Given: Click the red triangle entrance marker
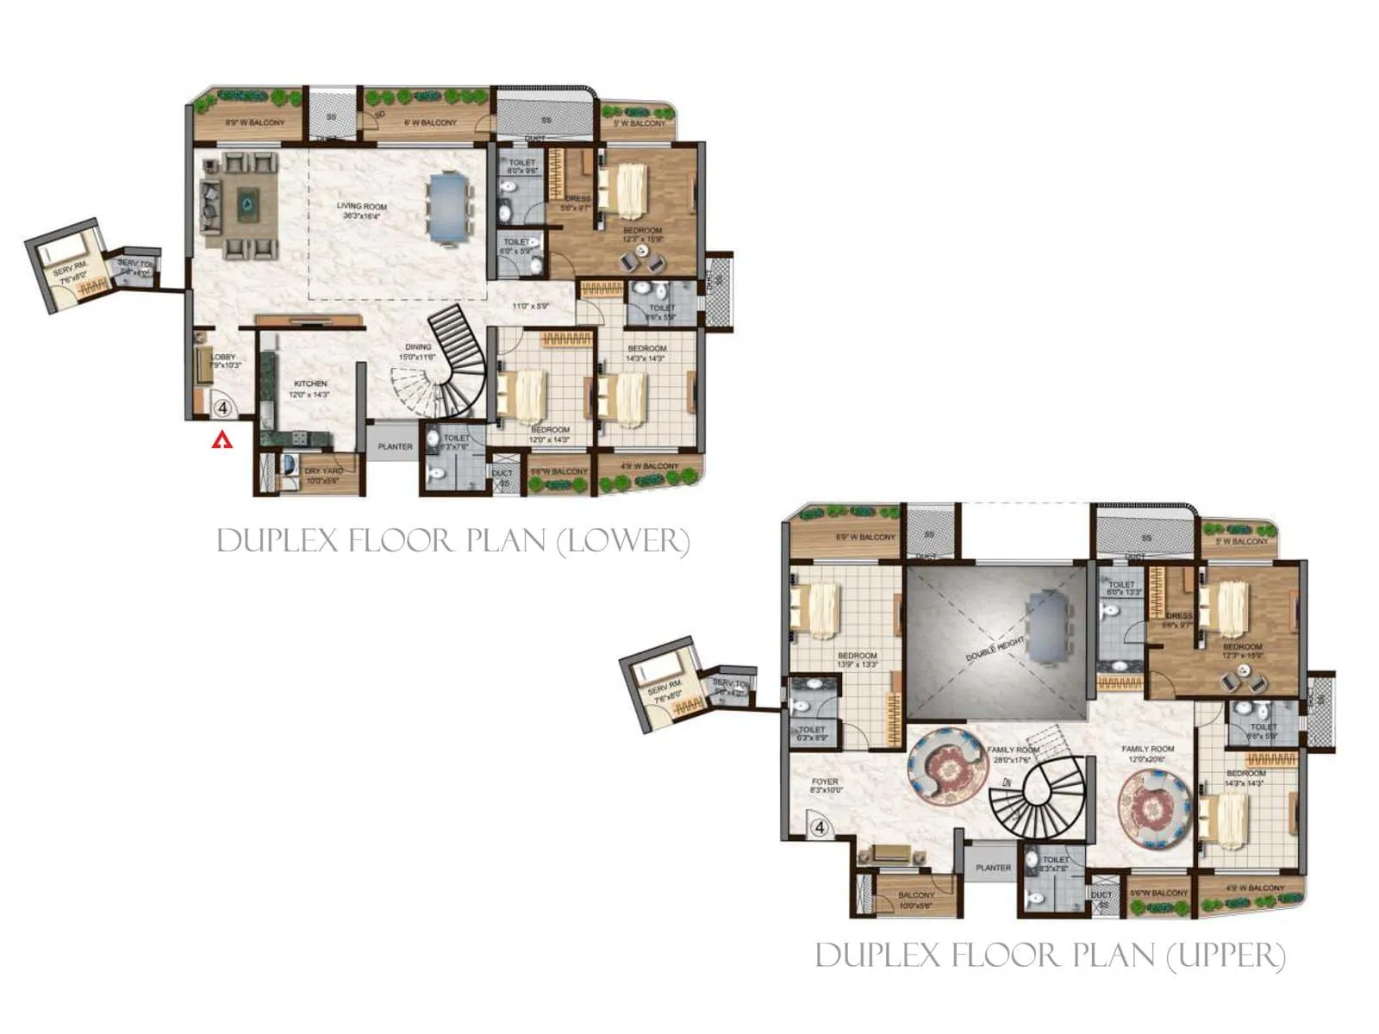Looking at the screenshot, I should (x=223, y=440).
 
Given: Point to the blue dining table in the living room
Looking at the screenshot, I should (x=449, y=208).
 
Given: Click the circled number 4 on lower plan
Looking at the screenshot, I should (x=222, y=406).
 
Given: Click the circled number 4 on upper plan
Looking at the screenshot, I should (x=820, y=827).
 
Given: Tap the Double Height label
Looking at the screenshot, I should (x=995, y=648).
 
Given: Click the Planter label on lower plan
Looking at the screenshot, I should (x=395, y=446).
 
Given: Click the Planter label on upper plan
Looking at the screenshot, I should (x=993, y=868).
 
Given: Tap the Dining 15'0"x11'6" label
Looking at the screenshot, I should (x=417, y=352).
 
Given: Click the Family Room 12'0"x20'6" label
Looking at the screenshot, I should (x=1147, y=754).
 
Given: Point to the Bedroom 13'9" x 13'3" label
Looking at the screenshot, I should (x=857, y=660).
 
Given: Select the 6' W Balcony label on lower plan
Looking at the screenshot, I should (x=431, y=123).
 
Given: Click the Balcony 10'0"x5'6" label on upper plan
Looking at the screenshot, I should (x=915, y=900).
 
